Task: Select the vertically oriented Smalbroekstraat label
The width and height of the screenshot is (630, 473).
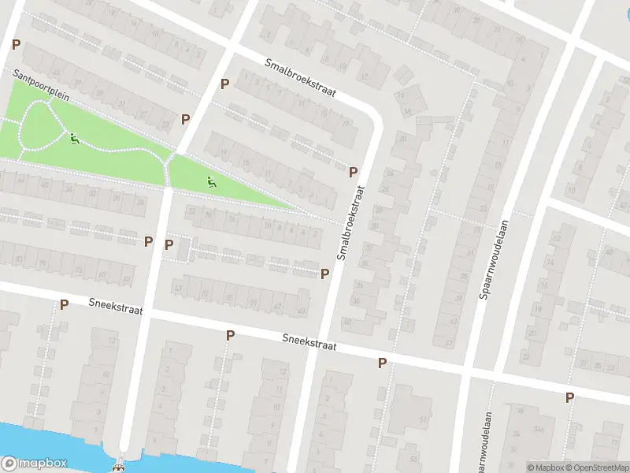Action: pos(351,223)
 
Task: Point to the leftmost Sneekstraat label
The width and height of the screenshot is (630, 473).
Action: pos(115,306)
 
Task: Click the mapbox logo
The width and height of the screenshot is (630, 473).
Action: pos(34,464)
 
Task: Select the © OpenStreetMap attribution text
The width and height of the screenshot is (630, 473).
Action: pos(596,467)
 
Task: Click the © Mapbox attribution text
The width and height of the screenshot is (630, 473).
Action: pos(546,467)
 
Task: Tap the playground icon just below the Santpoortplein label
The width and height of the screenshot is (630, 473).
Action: pos(75,139)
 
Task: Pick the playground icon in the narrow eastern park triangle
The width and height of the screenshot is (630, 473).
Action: pos(210,183)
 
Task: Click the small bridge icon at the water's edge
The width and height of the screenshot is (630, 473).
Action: pos(119,466)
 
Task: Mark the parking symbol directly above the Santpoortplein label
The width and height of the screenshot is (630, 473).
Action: pos(14,45)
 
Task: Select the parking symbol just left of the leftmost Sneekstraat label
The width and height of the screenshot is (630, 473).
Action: pos(65,304)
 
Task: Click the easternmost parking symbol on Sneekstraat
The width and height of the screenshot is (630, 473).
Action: pos(569,397)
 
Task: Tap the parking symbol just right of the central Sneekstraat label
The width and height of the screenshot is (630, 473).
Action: pos(383,363)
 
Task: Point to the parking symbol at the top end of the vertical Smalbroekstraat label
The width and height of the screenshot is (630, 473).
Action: pos(354,171)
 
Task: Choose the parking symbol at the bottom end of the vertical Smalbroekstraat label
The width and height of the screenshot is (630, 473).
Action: pos(324,273)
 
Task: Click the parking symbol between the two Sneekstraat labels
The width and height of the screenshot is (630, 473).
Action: pos(231,335)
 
